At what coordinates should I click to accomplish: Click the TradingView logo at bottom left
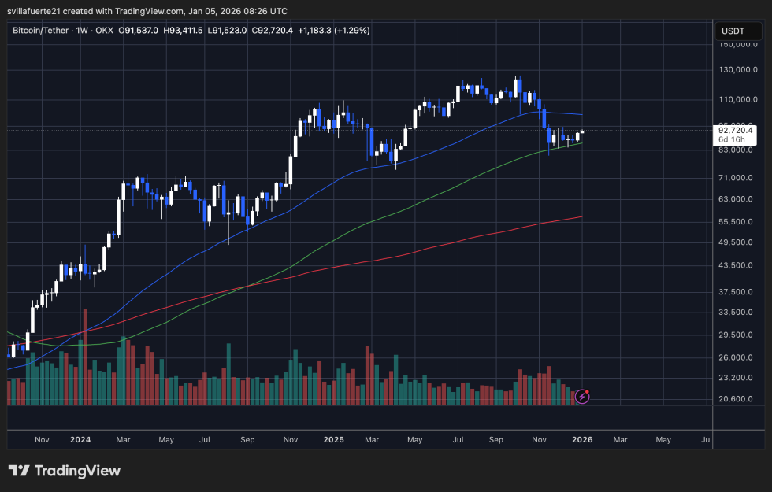[65, 471]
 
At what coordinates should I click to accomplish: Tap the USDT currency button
[732, 31]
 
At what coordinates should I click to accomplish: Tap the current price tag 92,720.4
[736, 131]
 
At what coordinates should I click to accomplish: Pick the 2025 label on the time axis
[334, 440]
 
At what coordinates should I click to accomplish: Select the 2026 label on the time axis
[581, 440]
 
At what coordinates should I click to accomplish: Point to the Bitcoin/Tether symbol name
[44, 30]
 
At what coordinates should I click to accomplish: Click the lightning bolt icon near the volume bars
[582, 397]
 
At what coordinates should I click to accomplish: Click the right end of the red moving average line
[581, 216]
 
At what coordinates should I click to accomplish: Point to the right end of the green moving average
[581, 143]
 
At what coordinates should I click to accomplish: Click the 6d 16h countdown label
[730, 140]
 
